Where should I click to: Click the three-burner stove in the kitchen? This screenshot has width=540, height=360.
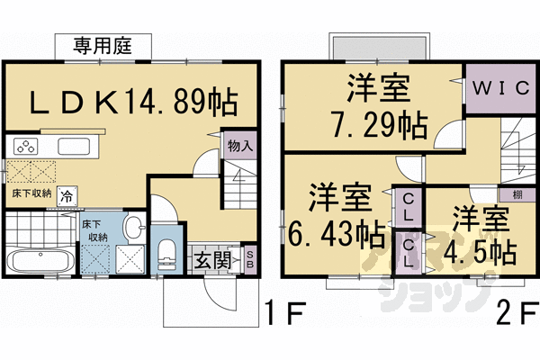25,147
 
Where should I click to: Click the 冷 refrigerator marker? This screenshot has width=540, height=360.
67,194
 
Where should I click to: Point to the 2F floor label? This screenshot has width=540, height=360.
516,314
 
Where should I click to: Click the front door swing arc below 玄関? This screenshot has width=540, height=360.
216,292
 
